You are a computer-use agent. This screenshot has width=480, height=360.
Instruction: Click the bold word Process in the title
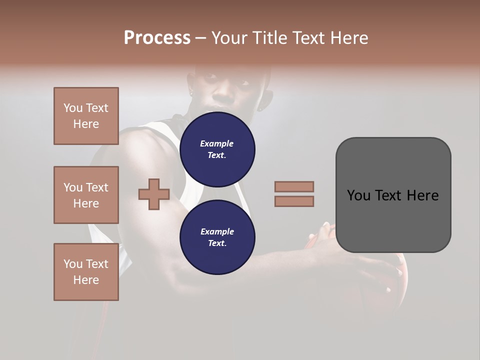point(157,37)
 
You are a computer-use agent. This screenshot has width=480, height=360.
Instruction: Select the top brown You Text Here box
point(86,116)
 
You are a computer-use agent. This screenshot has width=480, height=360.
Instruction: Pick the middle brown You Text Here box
point(86,195)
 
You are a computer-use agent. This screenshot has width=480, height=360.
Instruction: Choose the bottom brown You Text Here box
point(86,272)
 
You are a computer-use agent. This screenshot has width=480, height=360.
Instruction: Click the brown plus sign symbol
point(154,194)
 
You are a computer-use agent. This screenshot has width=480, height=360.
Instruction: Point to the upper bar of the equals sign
point(294,186)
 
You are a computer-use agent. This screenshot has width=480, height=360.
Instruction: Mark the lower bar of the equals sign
point(294,201)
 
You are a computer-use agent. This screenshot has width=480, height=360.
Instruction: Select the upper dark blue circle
point(217,149)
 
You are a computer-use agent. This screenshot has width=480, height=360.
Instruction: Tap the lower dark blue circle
point(217,237)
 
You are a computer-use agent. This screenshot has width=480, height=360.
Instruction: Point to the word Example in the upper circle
point(217,143)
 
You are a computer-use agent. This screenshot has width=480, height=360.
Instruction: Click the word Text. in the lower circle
point(217,243)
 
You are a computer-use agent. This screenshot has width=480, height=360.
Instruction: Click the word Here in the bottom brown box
point(86,280)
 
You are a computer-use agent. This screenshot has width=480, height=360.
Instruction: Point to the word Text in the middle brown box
point(96,187)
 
